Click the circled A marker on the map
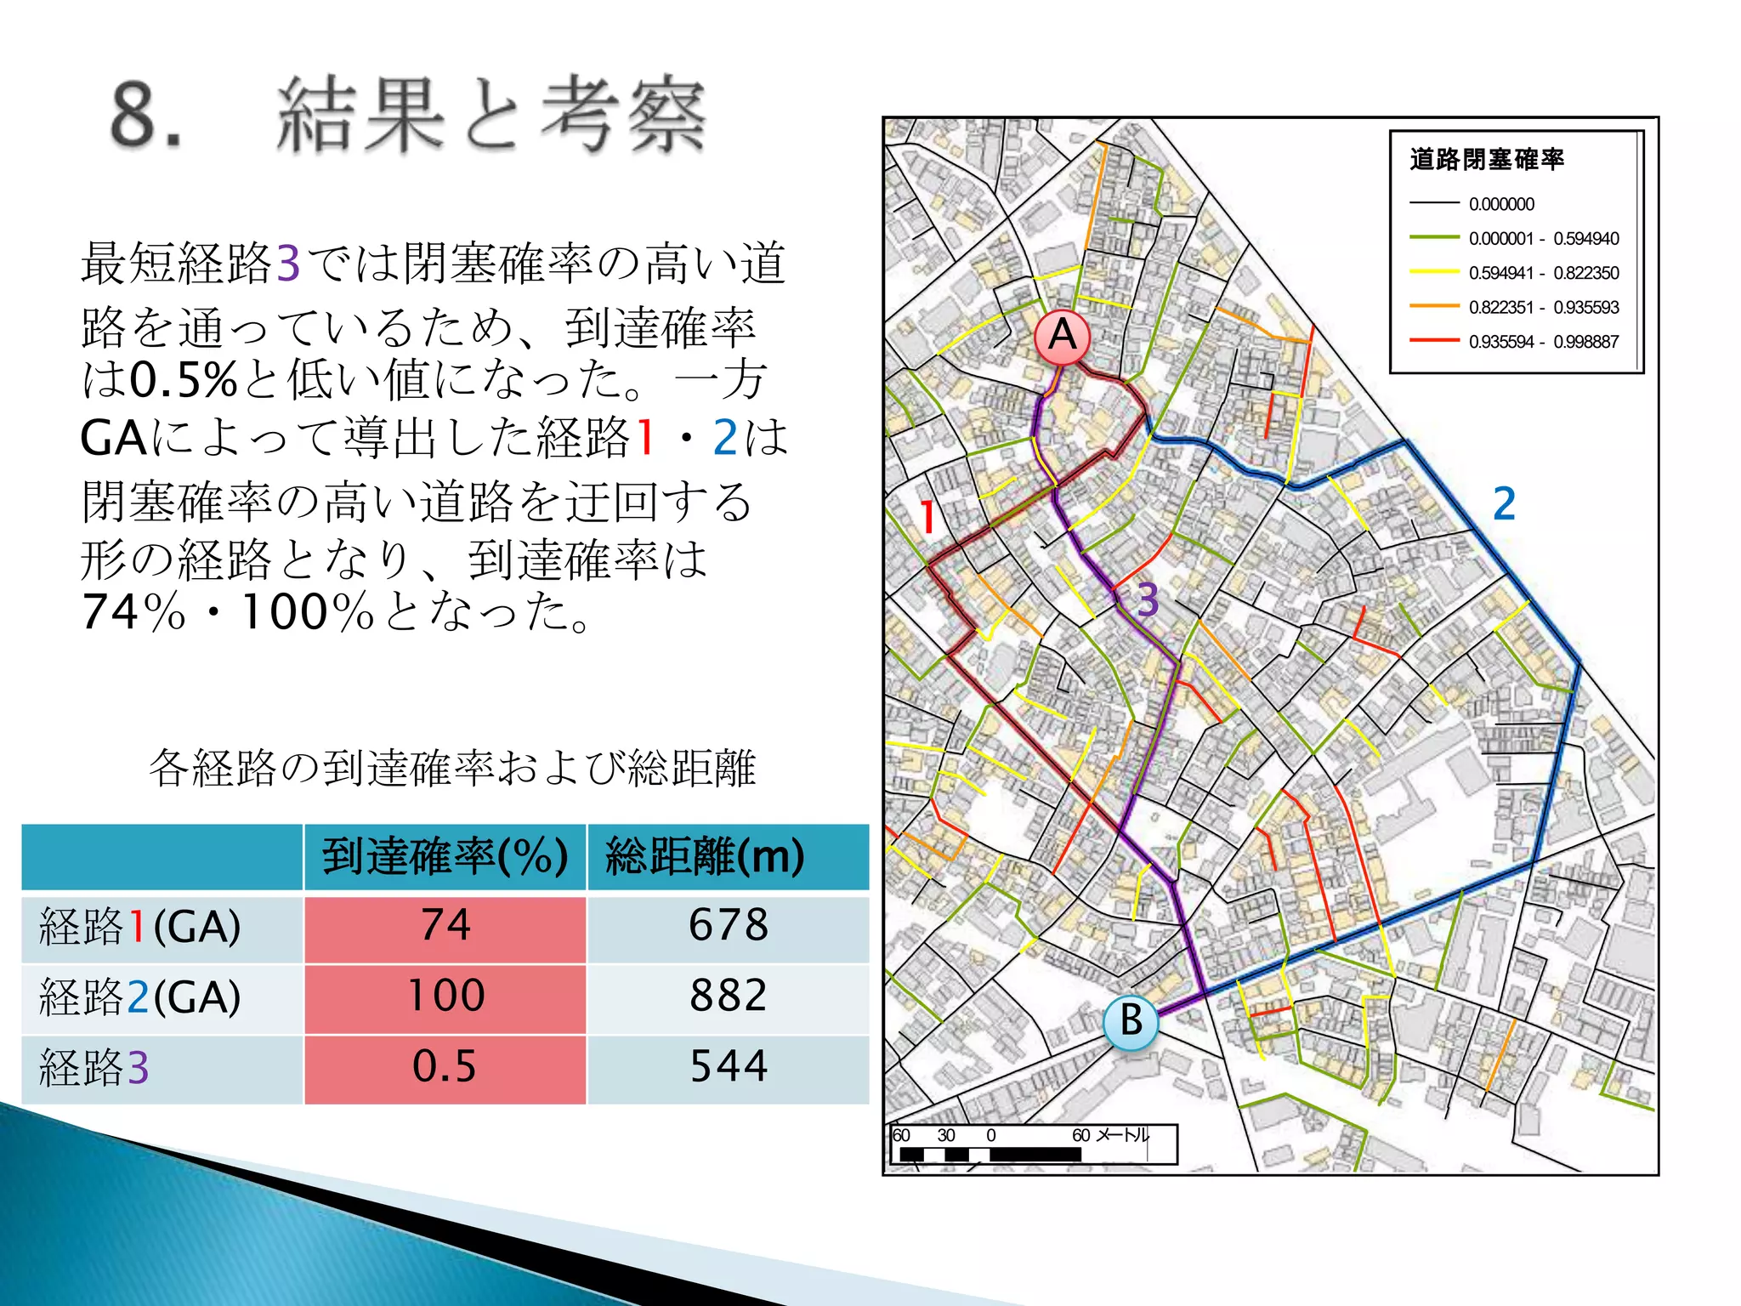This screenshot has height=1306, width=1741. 1063,336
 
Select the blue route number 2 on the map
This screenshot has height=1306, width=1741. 1504,503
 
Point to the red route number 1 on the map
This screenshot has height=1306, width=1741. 927,517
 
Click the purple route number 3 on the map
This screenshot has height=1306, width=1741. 1148,600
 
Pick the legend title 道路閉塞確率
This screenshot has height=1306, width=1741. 1487,159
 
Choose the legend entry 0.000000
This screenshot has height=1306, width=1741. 1501,204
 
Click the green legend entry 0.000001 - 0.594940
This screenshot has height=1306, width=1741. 1543,239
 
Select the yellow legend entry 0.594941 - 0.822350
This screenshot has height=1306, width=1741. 1543,273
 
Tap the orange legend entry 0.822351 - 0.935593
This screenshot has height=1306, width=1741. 1543,308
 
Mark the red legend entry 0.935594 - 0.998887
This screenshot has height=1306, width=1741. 1543,342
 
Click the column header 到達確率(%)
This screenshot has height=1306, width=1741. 445,856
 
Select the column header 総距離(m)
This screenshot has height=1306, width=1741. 705,856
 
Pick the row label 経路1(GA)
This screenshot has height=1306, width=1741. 140,926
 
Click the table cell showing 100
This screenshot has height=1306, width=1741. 445,996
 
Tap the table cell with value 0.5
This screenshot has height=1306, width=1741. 444,1066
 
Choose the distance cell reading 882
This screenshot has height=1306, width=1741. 729,996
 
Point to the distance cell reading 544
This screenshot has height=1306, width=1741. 729,1066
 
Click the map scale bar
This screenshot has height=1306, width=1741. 1033,1145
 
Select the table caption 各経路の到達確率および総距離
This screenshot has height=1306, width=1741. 451,768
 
